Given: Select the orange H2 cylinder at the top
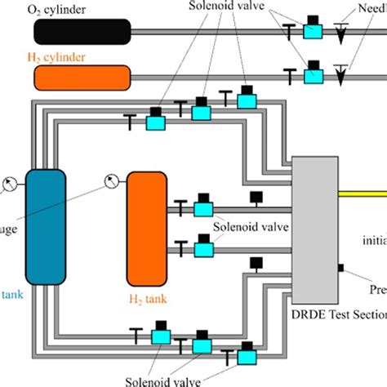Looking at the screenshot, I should [x=82, y=78].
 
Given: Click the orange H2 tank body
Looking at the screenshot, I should [x=146, y=229].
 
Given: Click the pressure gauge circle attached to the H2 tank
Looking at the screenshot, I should [x=110, y=181].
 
